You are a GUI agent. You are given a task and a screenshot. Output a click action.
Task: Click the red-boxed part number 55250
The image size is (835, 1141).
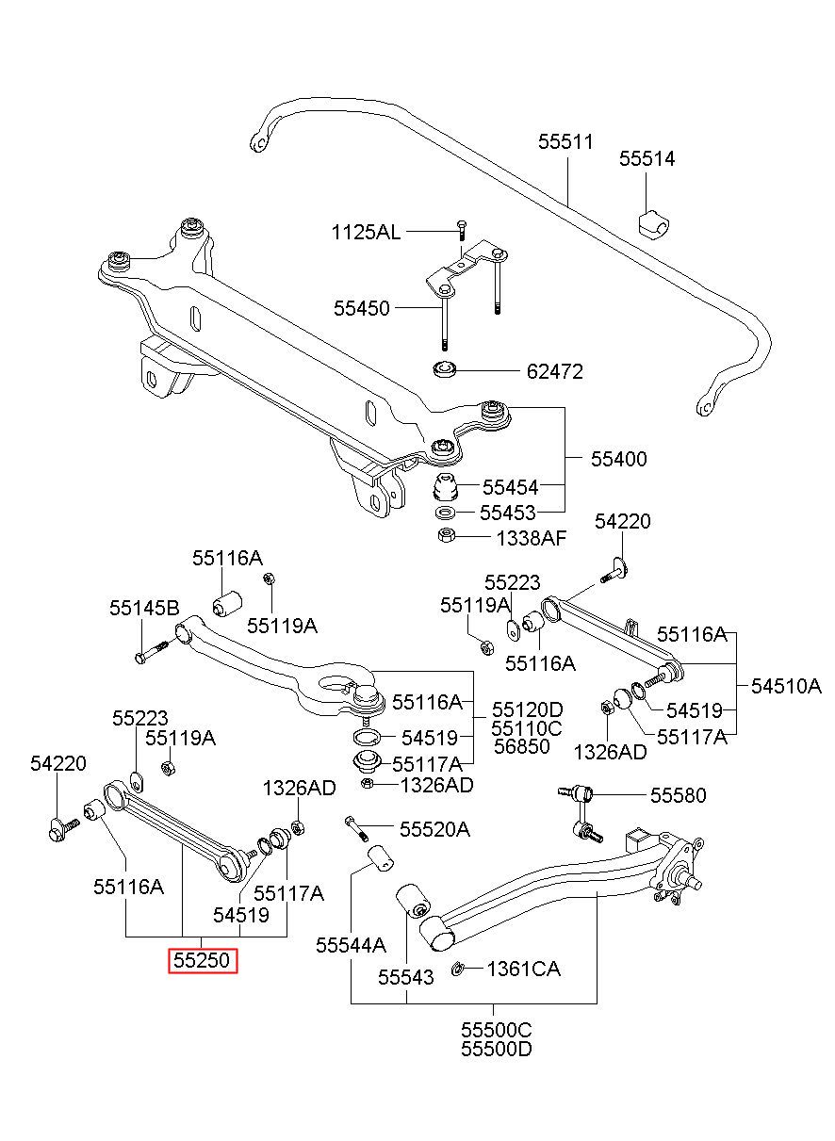(202, 960)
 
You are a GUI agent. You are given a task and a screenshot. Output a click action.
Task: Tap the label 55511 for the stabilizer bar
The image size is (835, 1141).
(566, 141)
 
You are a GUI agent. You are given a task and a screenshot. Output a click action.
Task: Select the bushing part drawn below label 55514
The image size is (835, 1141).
(654, 222)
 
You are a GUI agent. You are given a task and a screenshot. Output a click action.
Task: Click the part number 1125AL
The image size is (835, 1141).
(366, 233)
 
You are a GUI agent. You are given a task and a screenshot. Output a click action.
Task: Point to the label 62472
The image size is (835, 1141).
(555, 371)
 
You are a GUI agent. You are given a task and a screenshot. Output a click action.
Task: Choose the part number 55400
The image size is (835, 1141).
(619, 459)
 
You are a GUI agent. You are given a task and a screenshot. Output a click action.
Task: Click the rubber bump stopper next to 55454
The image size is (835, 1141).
(445, 487)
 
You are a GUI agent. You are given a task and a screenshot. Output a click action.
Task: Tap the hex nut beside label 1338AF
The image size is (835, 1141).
(447, 535)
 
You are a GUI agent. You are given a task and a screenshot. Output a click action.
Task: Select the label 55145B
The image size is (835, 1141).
(145, 608)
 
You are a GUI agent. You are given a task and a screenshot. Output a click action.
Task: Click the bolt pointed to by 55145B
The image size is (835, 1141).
(152, 651)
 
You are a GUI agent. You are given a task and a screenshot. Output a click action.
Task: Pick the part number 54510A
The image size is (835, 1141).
(787, 686)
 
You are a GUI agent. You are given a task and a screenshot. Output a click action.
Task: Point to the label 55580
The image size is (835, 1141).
(679, 795)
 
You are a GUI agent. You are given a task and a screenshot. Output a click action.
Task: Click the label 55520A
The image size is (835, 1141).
(434, 830)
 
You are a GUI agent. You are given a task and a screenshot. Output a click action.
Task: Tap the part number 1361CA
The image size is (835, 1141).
(524, 969)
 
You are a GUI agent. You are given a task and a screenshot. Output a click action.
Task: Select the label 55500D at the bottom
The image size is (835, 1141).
(497, 1049)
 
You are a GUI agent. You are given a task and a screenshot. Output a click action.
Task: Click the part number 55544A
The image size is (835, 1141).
(351, 945)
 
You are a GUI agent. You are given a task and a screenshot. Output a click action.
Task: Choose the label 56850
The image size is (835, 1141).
(522, 746)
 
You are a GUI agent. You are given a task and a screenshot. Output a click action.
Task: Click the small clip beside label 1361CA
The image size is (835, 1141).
(457, 969)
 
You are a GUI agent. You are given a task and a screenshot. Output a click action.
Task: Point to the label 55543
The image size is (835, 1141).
(406, 977)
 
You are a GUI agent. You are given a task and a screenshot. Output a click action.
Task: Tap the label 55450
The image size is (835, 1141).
(362, 308)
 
